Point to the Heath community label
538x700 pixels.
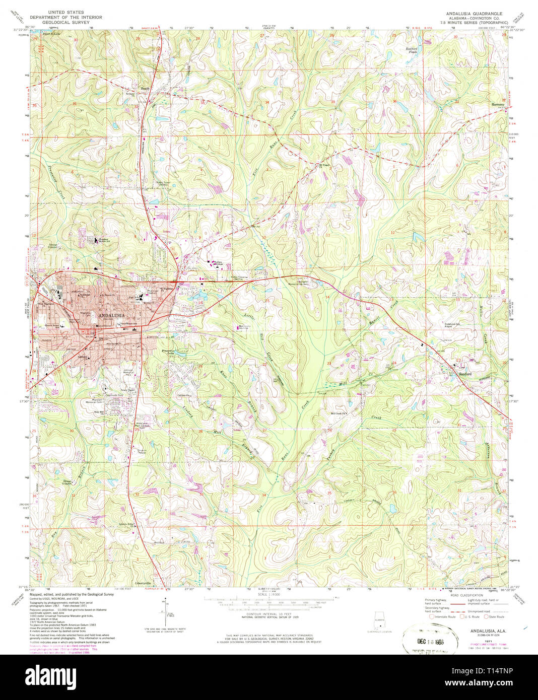coord(145,89)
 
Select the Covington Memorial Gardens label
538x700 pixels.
coord(303,283)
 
